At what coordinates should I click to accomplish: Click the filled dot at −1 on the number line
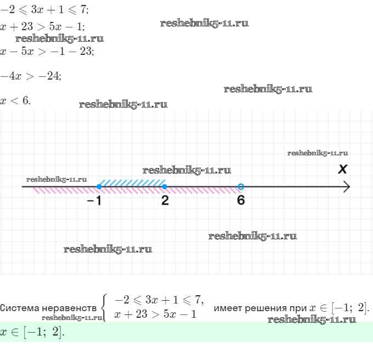point(99,187)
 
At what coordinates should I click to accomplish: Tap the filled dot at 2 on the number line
point(165,187)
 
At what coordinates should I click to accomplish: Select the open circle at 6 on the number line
point(241,187)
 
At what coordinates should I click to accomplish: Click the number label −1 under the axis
point(94,201)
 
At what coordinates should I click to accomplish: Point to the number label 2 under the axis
point(165,200)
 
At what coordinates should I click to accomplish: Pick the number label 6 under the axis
point(241,200)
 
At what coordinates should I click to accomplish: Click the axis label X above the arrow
point(343,169)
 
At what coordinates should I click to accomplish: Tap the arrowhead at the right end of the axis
point(347,187)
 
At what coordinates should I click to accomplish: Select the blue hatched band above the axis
point(132,183)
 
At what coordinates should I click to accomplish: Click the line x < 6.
point(15,100)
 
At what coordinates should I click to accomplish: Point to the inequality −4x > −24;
point(31,76)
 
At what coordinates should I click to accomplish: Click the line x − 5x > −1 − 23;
point(47,51)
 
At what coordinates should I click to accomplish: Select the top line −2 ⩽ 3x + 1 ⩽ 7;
point(44,10)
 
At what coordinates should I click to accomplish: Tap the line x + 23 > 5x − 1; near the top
point(42,26)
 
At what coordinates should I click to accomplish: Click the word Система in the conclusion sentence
point(20,308)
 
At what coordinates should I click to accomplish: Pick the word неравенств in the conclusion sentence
point(69,308)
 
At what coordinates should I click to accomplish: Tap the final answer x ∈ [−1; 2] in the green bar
point(32,332)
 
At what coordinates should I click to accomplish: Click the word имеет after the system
point(228,308)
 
